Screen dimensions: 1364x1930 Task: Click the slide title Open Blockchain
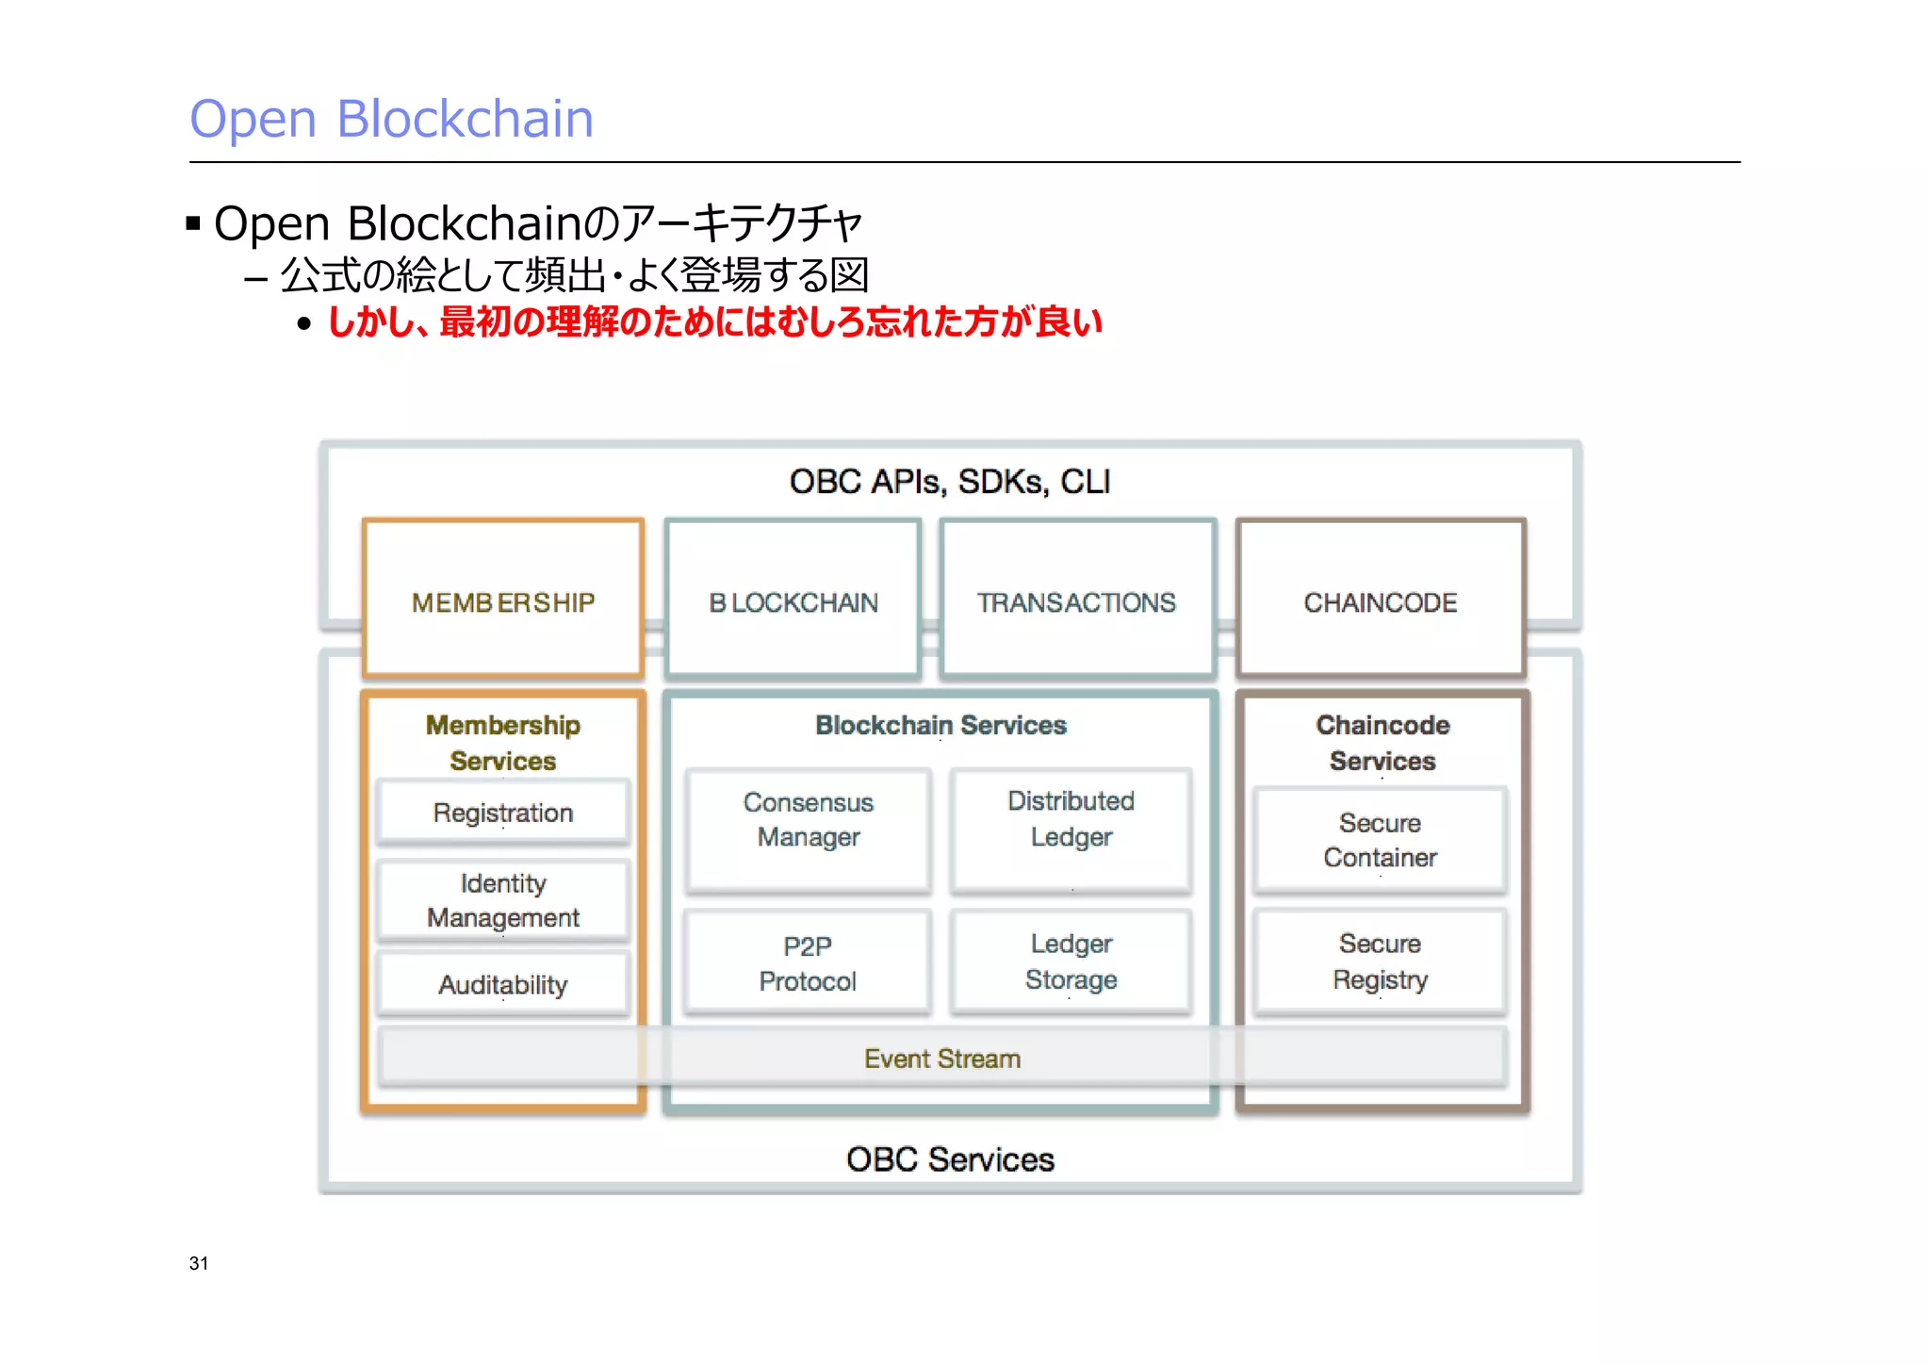(391, 120)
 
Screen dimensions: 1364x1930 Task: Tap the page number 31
(199, 1263)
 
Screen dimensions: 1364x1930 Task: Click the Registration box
(503, 812)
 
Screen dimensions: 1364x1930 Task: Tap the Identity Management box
(503, 900)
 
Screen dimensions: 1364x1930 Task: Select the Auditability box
(503, 984)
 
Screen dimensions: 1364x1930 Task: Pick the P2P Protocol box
(808, 962)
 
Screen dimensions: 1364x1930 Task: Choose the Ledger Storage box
(1071, 961)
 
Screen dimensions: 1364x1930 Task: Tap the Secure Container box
(1380, 840)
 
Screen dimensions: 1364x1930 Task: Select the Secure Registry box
(1380, 961)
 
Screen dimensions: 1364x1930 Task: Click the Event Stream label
(942, 1059)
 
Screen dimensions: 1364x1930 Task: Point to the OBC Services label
(950, 1159)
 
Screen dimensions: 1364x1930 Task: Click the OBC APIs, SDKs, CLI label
(950, 482)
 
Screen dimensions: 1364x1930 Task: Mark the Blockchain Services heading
(940, 725)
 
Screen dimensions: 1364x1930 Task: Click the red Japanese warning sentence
(713, 322)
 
